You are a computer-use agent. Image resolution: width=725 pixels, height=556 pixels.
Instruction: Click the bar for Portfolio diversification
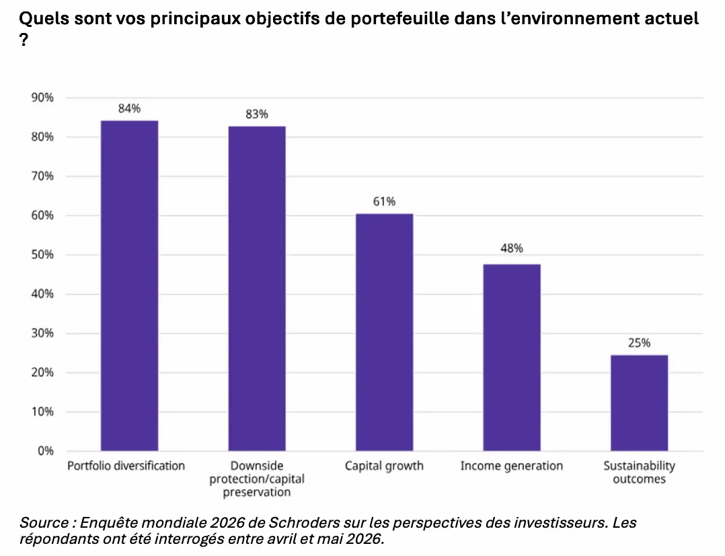coord(129,285)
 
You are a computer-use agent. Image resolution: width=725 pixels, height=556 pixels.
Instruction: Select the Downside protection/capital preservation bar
coord(257,288)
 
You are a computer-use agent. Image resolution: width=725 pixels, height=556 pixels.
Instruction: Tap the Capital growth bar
coord(384,333)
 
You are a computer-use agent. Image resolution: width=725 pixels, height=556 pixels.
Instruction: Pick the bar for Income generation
coord(512,357)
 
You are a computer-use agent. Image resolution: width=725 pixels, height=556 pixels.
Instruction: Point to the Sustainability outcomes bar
coord(640,403)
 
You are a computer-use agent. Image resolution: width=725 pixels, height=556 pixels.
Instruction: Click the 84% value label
coord(129,108)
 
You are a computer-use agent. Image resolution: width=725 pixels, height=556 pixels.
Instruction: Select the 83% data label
coord(257,114)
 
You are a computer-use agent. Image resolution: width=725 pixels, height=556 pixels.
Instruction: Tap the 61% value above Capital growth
coord(384,201)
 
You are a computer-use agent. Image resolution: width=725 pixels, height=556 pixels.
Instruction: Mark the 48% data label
coord(512,248)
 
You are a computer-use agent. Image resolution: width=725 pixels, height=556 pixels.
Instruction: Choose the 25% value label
coord(640,343)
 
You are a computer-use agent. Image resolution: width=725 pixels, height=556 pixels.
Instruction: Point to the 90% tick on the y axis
coord(42,98)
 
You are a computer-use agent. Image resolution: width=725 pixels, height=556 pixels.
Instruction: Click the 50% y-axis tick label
coord(42,254)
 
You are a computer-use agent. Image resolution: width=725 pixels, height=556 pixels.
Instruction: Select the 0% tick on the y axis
coord(46,451)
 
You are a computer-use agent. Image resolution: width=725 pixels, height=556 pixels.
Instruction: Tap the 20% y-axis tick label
coord(42,372)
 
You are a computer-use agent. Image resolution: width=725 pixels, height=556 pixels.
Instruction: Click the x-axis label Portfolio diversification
coord(126,466)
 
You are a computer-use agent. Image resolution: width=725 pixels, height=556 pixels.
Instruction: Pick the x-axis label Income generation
coord(512,466)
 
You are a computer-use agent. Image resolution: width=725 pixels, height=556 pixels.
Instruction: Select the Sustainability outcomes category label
coord(640,473)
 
